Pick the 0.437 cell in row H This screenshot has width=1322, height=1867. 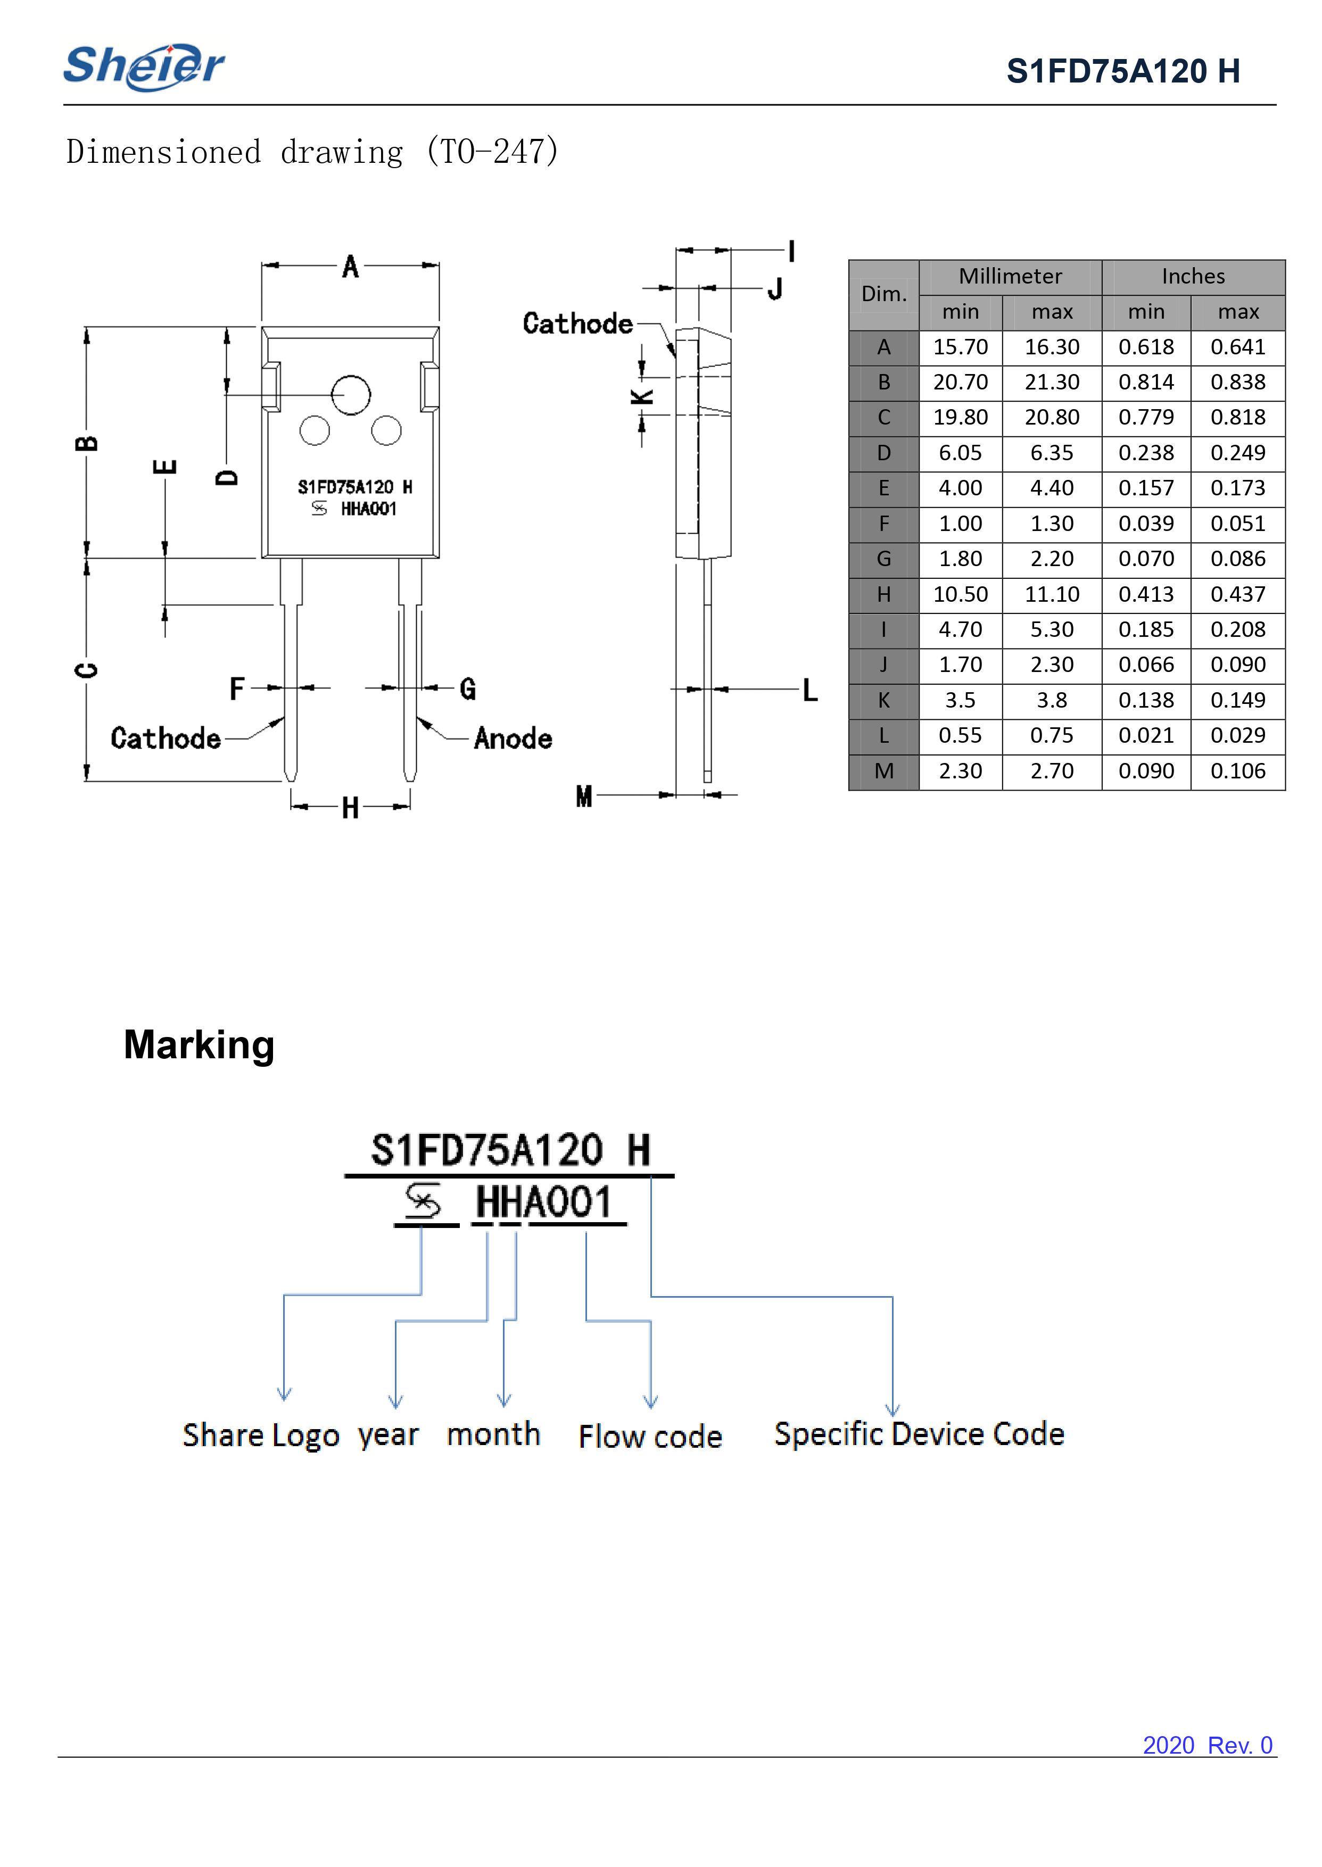click(x=1237, y=595)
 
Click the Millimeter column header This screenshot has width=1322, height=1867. click(x=1010, y=277)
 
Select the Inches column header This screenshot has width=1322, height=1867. click(x=1193, y=277)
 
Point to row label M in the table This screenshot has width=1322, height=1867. click(x=883, y=771)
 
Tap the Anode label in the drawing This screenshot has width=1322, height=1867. click(x=513, y=739)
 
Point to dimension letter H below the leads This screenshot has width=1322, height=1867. click(x=350, y=808)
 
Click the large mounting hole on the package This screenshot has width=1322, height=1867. click(x=351, y=395)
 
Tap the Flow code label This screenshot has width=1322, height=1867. click(x=650, y=1437)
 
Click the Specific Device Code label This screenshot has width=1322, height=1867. click(x=919, y=1434)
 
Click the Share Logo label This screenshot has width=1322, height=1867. click(x=260, y=1435)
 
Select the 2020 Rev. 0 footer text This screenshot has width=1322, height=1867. click(x=1207, y=1746)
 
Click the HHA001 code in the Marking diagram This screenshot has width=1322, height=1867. click(x=543, y=1203)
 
